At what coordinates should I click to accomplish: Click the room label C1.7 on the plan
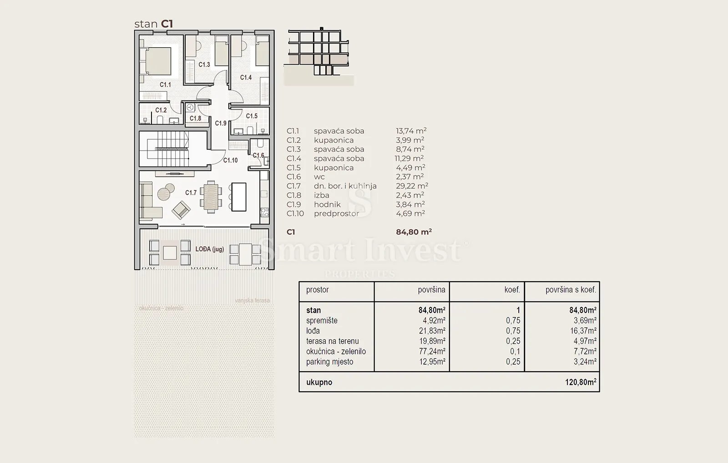pos(191,193)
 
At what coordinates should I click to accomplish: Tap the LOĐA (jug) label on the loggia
pos(210,249)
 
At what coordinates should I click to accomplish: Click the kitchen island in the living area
pos(239,197)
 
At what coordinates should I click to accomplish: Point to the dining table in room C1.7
pos(211,197)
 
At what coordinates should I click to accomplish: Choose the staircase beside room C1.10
pos(168,148)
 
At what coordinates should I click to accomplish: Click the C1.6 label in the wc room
pos(258,155)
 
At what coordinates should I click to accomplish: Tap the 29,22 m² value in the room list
pos(412,186)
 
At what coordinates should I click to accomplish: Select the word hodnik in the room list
pos(327,204)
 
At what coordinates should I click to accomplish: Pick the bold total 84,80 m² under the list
pos(414,231)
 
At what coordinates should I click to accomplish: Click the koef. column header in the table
pos(512,290)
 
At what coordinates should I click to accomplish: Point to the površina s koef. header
pos(571,290)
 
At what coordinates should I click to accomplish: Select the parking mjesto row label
pos(329,362)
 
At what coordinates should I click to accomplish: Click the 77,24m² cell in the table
pos(432,351)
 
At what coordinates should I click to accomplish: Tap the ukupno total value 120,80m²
pos(581,382)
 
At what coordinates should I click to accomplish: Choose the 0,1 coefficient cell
pos(515,351)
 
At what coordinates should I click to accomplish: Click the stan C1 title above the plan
pos(153,24)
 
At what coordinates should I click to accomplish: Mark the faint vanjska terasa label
pos(252,301)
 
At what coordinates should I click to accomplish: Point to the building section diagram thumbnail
pos(319,56)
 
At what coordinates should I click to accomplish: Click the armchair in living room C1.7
pos(181,210)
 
